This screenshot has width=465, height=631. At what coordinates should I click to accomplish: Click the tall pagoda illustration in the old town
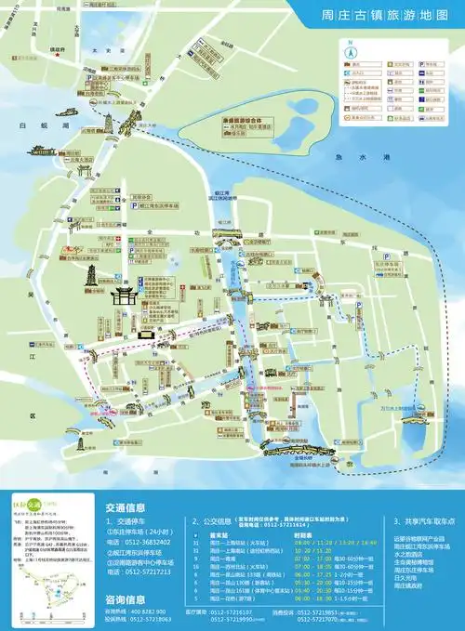point(94,276)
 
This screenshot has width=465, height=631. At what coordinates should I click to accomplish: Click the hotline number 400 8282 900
point(148,611)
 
